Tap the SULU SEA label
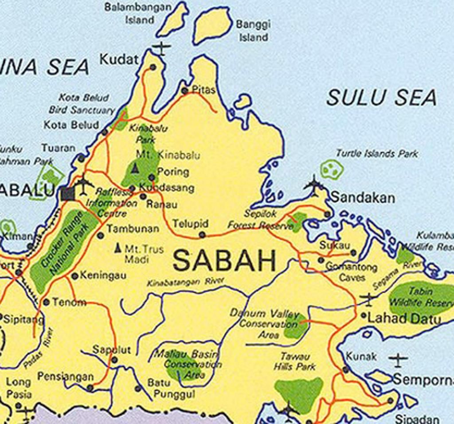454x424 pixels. pyautogui.click(x=381, y=98)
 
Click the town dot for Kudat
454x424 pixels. pyautogui.click(x=153, y=67)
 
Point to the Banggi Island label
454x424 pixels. pyautogui.click(x=253, y=31)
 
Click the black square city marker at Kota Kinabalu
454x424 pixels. pyautogui.click(x=68, y=193)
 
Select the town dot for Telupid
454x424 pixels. pyautogui.click(x=202, y=235)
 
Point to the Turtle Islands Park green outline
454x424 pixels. pyautogui.click(x=332, y=169)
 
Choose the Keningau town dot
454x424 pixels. pyautogui.click(x=75, y=276)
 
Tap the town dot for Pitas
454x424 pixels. pyautogui.click(x=185, y=91)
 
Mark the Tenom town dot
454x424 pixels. pyautogui.click(x=47, y=302)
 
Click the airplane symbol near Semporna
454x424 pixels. pyautogui.click(x=398, y=360)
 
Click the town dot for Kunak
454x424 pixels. pyautogui.click(x=346, y=369)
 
